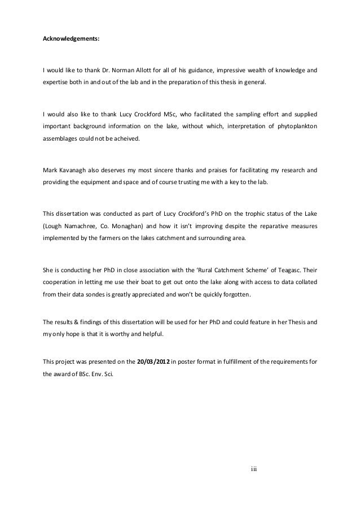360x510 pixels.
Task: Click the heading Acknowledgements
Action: point(72,40)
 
